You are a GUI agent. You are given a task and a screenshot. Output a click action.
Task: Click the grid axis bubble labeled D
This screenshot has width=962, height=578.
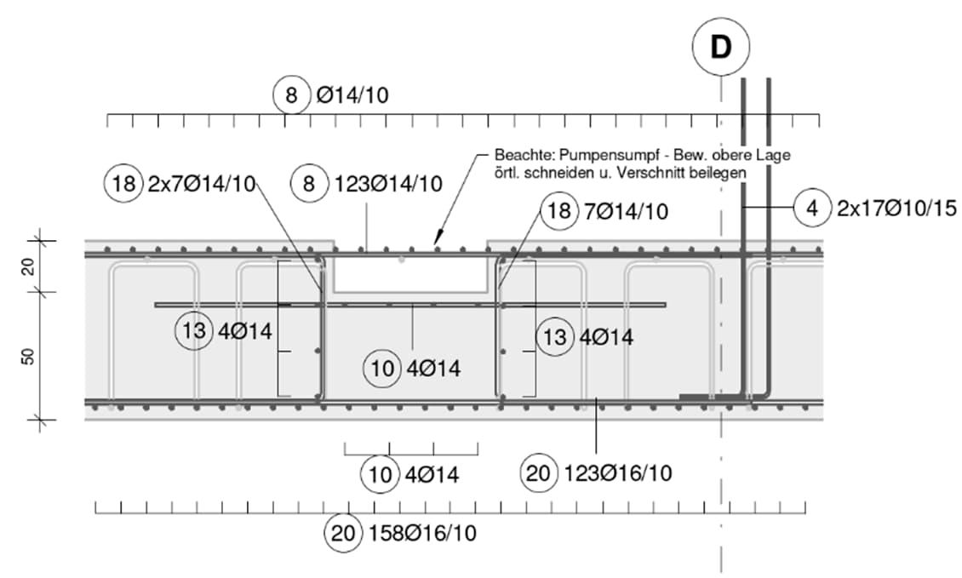point(721,49)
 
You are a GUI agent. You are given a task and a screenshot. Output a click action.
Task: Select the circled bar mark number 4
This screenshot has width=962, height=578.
point(813,207)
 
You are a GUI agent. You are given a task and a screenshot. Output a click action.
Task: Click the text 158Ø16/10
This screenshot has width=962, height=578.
point(422,534)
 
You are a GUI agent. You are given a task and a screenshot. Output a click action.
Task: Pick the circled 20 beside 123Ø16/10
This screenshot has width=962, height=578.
point(539,472)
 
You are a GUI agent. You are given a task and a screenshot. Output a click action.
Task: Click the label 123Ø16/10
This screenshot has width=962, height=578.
point(617,472)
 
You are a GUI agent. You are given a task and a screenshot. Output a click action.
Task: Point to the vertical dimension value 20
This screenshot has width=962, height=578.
point(28,267)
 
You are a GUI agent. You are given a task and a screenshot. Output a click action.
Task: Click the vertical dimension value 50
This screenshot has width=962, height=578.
point(28,356)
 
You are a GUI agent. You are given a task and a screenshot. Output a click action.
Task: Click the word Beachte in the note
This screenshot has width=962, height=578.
point(519,157)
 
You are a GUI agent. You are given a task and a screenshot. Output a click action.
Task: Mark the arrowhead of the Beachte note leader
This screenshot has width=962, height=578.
point(436,245)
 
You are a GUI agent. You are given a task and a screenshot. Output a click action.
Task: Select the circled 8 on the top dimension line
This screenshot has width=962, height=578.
point(292,95)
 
